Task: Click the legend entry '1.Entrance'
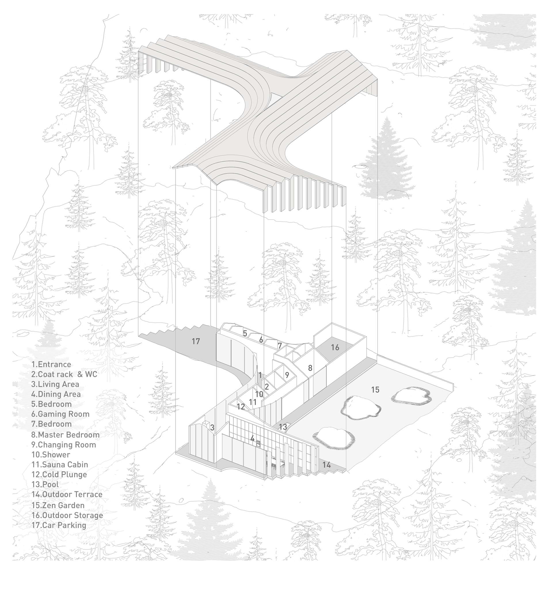tap(51, 364)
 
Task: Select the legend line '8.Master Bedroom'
tap(66, 435)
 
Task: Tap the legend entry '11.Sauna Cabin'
tap(60, 464)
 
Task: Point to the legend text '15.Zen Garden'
tap(58, 505)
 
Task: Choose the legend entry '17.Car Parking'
tap(59, 525)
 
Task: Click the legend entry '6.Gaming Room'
tap(60, 414)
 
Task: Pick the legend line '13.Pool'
tap(45, 484)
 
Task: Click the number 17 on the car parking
tap(196, 341)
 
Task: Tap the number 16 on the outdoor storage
tap(335, 347)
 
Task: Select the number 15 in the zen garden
tap(375, 390)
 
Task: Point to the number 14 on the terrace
tap(326, 465)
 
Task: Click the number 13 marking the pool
tap(283, 427)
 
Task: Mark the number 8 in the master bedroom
tap(310, 368)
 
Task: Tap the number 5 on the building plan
tap(245, 333)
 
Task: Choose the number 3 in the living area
tap(212, 428)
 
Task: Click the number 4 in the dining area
tap(252, 439)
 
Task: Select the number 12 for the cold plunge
tap(241, 406)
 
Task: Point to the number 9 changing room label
tap(287, 375)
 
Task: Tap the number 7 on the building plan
tap(279, 345)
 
